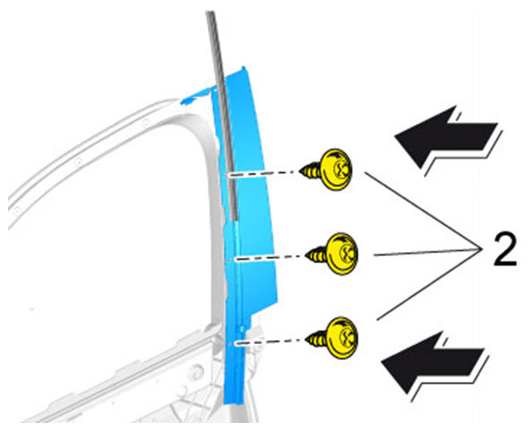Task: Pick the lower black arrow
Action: tap(435, 366)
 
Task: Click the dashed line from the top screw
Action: tap(263, 174)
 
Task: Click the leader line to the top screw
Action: tap(421, 211)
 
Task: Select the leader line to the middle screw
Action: tap(427, 252)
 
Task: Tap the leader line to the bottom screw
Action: tap(428, 284)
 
